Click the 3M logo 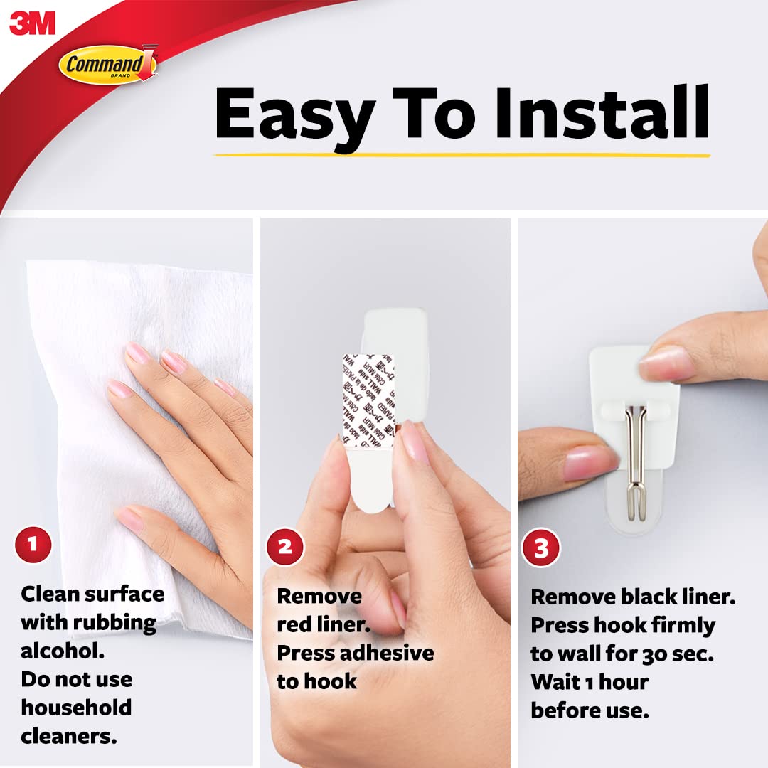(32, 23)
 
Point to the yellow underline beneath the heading (462, 154)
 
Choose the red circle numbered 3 (541, 548)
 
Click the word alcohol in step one (56, 651)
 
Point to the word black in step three (655, 597)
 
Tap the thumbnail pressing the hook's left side (587, 462)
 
